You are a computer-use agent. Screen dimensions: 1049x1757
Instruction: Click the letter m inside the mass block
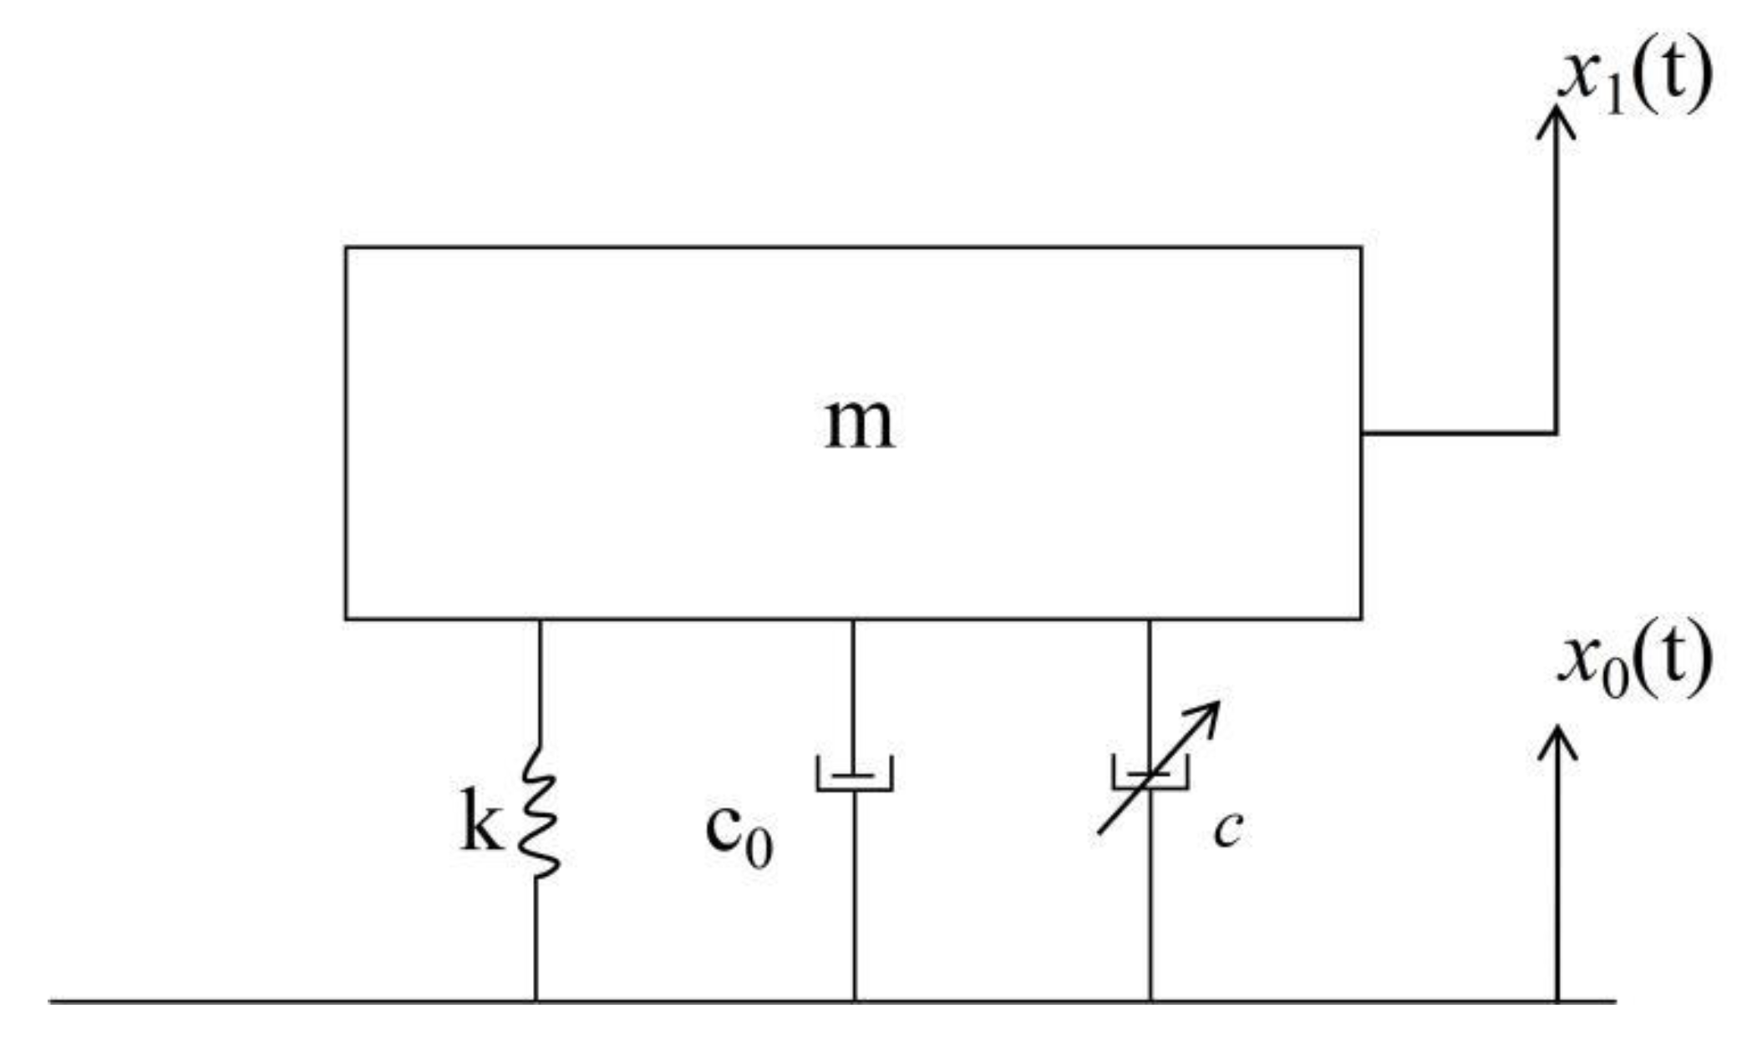[859, 425]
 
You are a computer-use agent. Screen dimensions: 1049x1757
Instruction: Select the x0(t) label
[1633, 660]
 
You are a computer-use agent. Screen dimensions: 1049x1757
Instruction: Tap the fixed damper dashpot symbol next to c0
[854, 773]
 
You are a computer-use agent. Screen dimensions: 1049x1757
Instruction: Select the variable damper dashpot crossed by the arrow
[1150, 773]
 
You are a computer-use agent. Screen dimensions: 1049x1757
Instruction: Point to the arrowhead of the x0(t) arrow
[1556, 740]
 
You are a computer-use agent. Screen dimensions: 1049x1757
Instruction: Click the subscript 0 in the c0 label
[759, 849]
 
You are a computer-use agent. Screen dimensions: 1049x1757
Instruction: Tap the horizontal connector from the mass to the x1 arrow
[1458, 433]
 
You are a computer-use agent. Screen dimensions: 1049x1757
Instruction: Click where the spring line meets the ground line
[536, 1000]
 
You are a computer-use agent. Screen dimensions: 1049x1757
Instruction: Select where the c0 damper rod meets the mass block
[853, 619]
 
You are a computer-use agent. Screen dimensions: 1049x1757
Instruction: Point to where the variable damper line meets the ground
[1150, 1000]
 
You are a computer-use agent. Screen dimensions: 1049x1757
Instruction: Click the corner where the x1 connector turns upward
[1556, 433]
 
